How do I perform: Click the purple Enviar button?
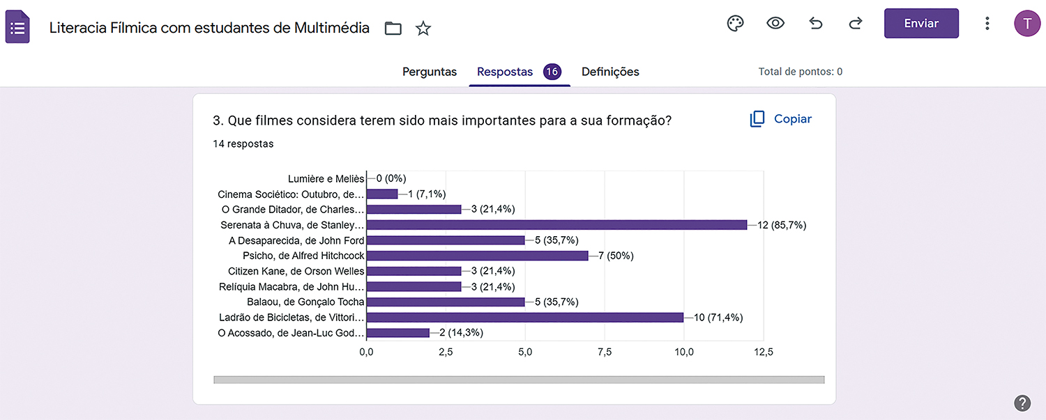(920, 24)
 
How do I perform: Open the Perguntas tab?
(430, 72)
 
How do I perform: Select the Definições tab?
(610, 72)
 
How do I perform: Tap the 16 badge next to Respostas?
(552, 72)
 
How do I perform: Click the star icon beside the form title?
(423, 29)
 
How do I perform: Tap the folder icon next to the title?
(393, 29)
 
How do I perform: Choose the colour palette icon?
(736, 24)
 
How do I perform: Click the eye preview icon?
(775, 24)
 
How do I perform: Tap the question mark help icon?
(1022, 403)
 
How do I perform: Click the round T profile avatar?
(1026, 24)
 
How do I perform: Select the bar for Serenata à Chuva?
(556, 225)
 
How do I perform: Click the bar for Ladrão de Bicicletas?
(524, 318)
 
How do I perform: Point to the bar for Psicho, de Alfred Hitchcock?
(477, 256)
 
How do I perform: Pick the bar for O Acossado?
(397, 333)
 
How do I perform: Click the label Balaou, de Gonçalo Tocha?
(305, 302)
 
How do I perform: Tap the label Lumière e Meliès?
(326, 179)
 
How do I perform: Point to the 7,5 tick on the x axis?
(605, 352)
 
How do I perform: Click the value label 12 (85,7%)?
(782, 225)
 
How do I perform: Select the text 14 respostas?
(243, 144)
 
